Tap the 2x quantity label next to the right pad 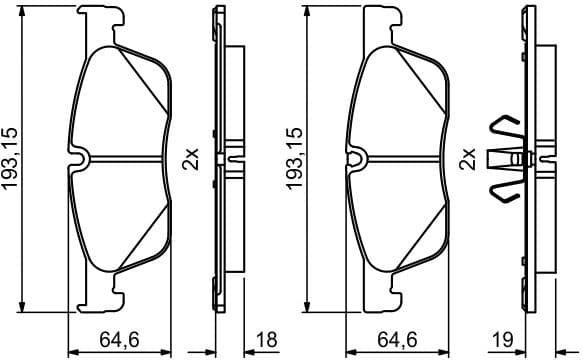click(x=468, y=159)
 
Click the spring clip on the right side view click(x=505, y=159)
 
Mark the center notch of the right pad click(x=358, y=157)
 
